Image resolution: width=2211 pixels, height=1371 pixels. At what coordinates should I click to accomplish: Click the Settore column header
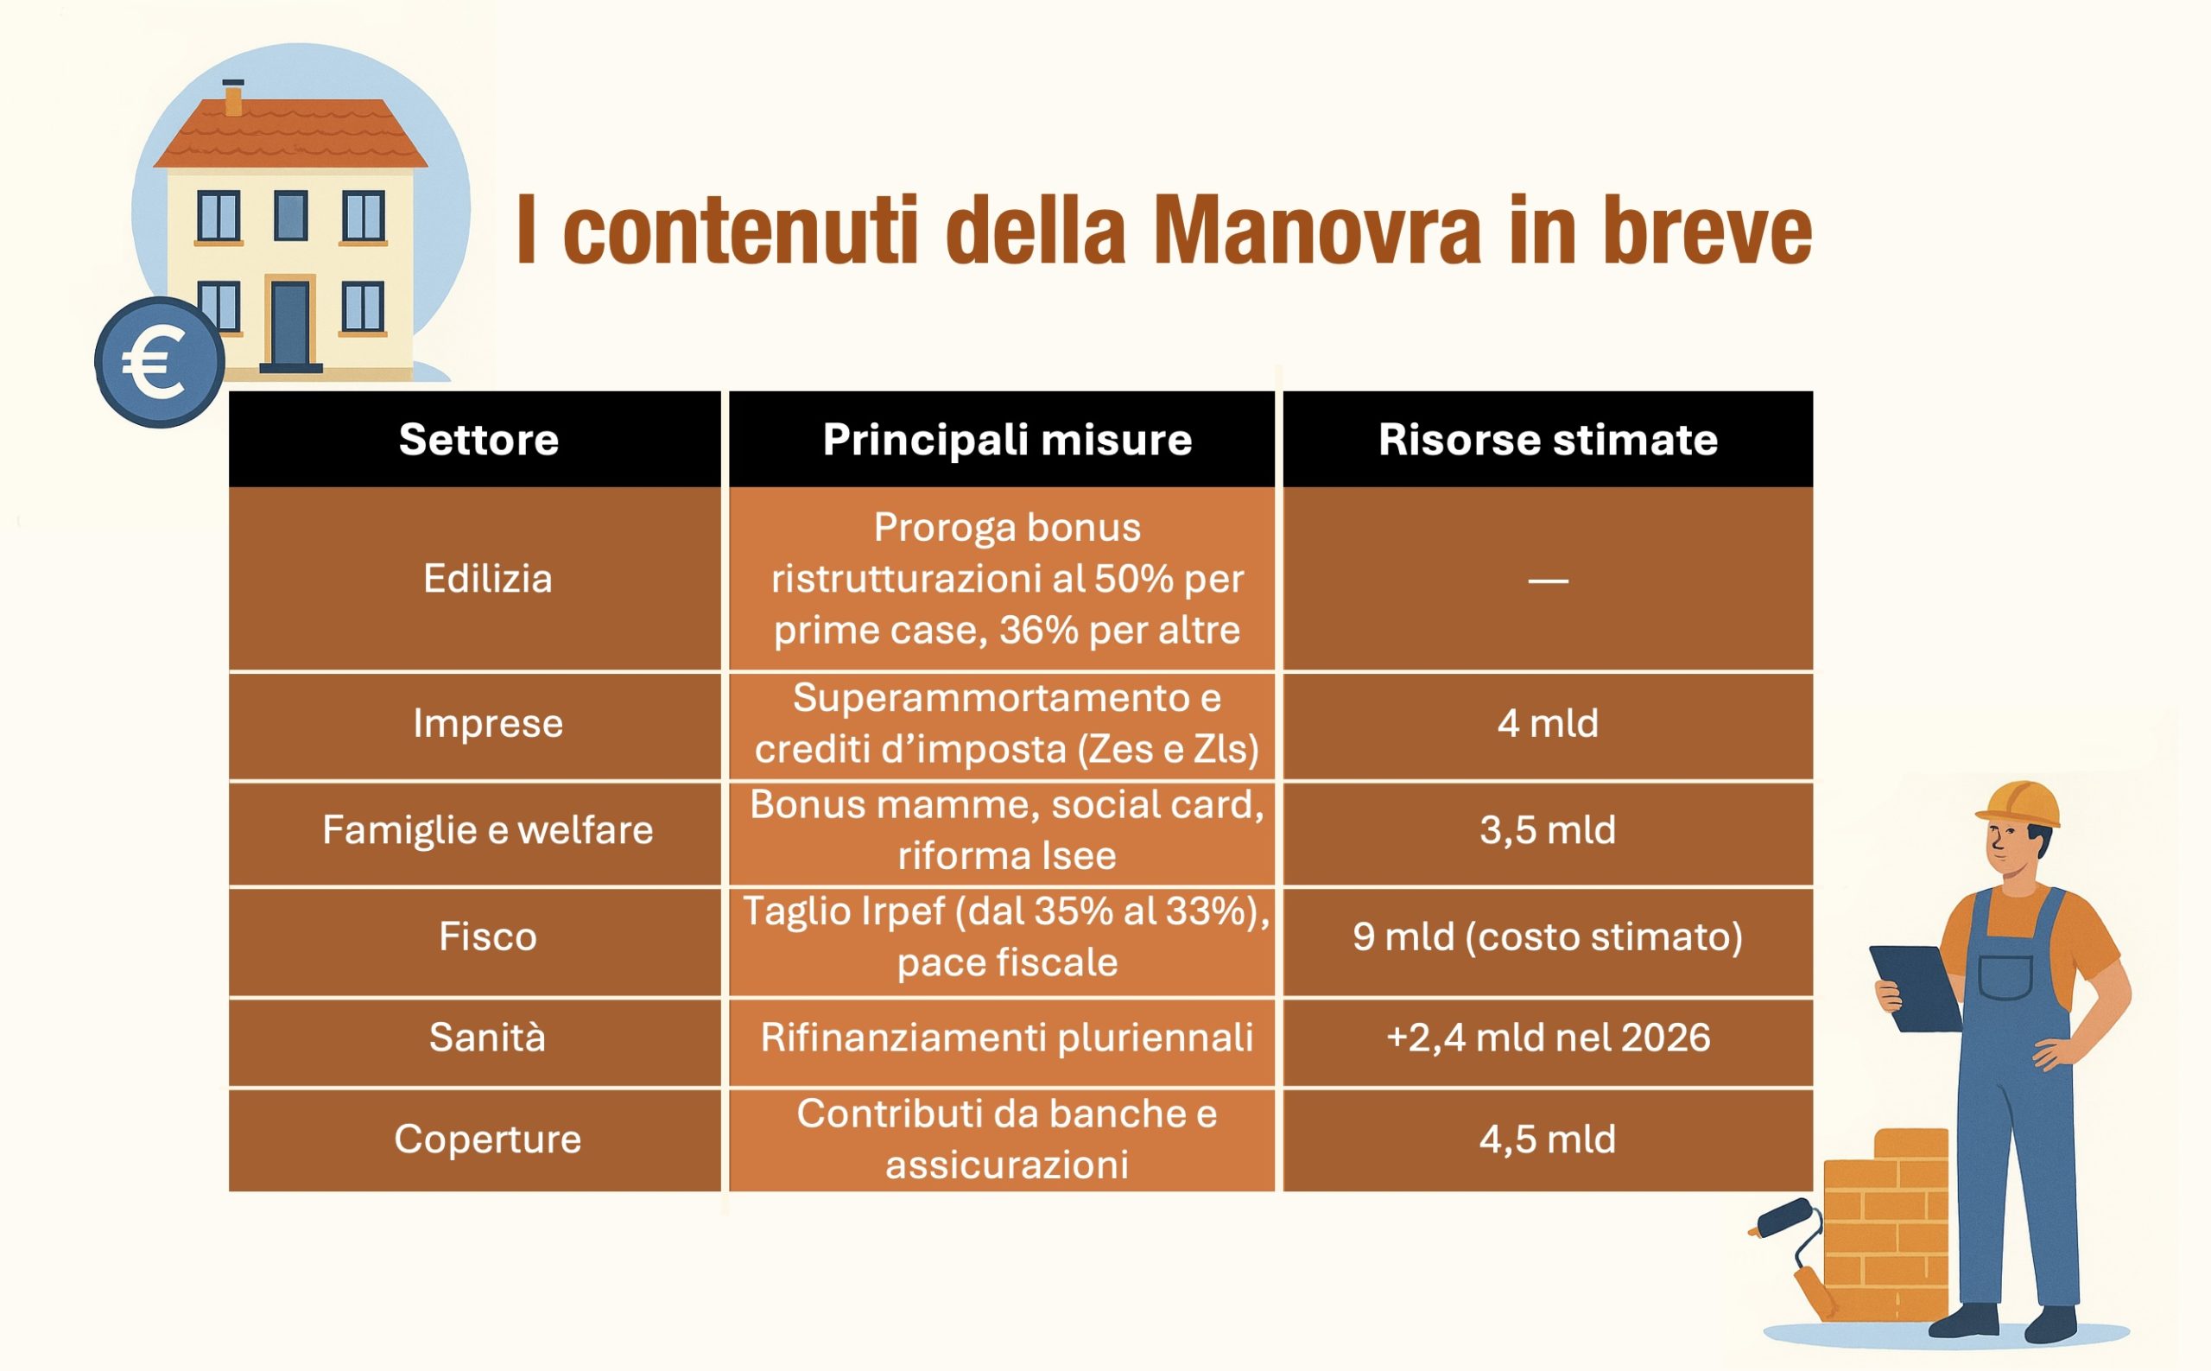[478, 440]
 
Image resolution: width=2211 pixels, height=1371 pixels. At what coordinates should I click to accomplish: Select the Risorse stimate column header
[1548, 440]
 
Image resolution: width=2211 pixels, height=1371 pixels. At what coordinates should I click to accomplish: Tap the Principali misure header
[1006, 441]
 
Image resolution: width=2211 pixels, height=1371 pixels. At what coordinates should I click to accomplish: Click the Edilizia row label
[488, 579]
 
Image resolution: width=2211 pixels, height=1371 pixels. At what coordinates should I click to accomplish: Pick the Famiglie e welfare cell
[488, 830]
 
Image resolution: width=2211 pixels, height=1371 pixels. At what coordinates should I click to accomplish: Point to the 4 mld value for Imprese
[1548, 724]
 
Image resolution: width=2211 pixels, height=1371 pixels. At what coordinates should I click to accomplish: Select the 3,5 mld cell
[1548, 830]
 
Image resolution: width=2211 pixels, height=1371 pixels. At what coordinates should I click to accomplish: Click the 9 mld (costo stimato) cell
[1548, 936]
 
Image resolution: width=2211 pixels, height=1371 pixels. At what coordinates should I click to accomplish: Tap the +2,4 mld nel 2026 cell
[1548, 1038]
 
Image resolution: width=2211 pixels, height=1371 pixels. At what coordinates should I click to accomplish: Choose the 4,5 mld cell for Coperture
[1548, 1139]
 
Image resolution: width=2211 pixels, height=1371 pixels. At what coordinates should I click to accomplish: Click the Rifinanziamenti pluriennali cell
[1006, 1038]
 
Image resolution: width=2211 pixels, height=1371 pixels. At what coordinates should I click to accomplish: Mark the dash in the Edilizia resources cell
[1548, 581]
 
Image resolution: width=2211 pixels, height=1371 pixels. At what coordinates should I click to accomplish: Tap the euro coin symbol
[160, 362]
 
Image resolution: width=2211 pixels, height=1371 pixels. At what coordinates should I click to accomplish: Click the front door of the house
[290, 324]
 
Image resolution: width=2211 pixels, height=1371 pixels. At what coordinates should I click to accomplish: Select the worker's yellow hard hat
[2018, 804]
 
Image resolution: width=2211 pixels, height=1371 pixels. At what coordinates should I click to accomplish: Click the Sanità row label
[488, 1038]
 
